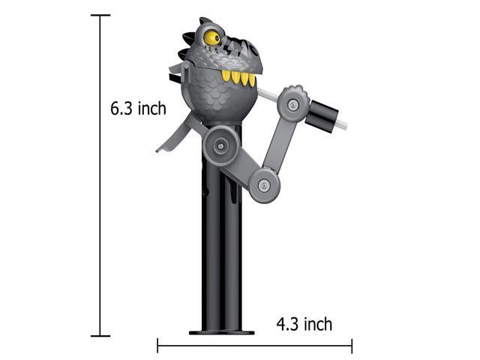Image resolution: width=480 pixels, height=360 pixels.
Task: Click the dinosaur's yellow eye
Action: (212, 37)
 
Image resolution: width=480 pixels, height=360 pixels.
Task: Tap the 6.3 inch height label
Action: (138, 108)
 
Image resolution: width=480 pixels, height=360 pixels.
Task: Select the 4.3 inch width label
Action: (304, 324)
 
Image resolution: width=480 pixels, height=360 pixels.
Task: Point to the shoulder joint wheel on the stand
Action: (220, 145)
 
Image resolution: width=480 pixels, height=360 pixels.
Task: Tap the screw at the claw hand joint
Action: (293, 105)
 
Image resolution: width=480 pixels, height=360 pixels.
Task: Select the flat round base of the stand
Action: (222, 332)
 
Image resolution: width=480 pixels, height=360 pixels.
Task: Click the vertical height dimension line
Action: (100, 175)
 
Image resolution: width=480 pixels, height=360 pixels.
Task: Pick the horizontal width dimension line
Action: (255, 346)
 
